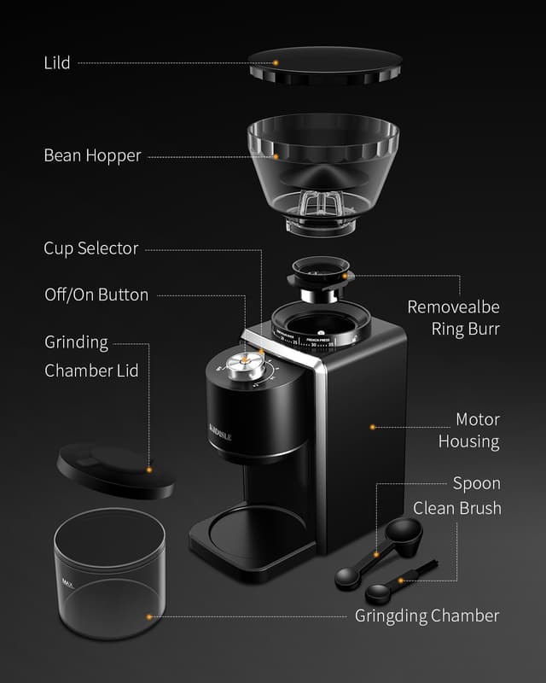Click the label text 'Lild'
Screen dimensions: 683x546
[x=57, y=63]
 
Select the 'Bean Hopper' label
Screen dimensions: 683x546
[x=92, y=156]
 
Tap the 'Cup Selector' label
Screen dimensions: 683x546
[x=90, y=248]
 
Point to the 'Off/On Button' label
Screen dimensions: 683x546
[x=96, y=295]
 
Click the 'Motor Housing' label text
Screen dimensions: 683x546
[x=468, y=430]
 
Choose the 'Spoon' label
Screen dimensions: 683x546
[x=476, y=483]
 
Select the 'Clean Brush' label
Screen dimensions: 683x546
[x=456, y=508]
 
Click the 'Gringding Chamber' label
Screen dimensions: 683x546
[x=427, y=616]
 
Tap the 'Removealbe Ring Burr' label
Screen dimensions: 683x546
[x=453, y=317]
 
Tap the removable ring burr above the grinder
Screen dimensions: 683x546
[x=319, y=276]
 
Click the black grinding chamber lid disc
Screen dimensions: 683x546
[x=114, y=470]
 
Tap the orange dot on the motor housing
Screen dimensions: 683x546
[x=372, y=425]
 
